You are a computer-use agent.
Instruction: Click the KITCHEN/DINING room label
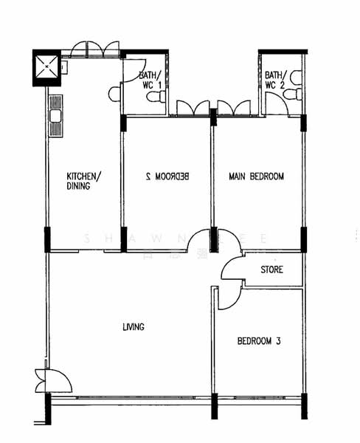(83, 181)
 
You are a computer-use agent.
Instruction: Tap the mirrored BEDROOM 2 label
(168, 176)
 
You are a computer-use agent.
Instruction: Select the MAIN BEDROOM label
(256, 176)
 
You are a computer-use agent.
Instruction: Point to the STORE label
(271, 269)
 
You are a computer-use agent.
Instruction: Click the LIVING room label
(134, 327)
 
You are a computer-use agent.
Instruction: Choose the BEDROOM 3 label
(259, 341)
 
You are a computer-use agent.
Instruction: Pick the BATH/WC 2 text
(274, 79)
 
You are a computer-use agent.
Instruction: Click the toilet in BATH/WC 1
(156, 97)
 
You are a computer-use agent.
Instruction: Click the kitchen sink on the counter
(55, 116)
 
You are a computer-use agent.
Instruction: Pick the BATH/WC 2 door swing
(277, 103)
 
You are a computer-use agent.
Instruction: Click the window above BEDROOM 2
(190, 109)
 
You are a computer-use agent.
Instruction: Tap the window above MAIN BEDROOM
(235, 109)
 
